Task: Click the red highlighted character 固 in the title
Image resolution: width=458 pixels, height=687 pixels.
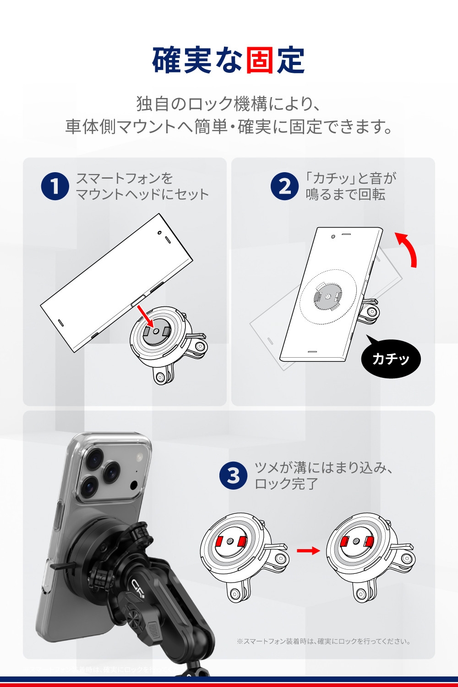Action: pos(260,60)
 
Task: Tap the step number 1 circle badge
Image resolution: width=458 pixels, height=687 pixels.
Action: pos(55,186)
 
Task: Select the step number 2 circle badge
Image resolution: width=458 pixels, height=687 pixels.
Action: pos(285,186)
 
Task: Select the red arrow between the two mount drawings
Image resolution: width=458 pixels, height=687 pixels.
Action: pos(308,550)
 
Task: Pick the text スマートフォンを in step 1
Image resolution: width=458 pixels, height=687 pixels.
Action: pos(124,178)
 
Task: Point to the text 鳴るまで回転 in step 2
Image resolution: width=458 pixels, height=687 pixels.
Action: pos(345,194)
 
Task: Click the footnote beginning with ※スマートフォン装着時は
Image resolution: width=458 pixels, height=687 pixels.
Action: pos(323,641)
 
